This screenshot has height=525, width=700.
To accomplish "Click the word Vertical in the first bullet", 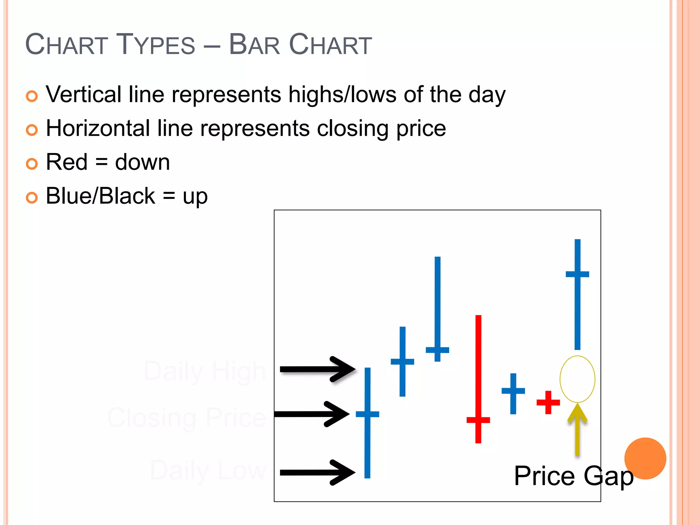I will click(x=84, y=94).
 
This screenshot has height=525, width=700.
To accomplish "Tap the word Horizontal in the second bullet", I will click(x=98, y=128).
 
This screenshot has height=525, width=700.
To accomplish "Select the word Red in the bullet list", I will click(x=67, y=162).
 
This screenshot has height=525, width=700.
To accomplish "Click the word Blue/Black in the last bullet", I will click(x=100, y=196).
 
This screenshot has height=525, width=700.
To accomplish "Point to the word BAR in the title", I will click(x=254, y=45).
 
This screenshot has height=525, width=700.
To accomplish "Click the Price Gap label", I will click(x=574, y=476).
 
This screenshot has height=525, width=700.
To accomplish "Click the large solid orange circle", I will click(x=645, y=458).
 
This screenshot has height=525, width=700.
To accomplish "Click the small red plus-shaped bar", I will click(x=548, y=402).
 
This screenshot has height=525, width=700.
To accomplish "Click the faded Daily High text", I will click(x=204, y=371).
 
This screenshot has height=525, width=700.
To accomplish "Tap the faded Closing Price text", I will click(x=187, y=417).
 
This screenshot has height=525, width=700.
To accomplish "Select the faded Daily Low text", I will click(x=208, y=470).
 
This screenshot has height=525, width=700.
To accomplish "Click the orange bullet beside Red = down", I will click(x=32, y=164).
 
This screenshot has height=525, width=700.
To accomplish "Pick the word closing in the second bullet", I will click(x=352, y=128).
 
